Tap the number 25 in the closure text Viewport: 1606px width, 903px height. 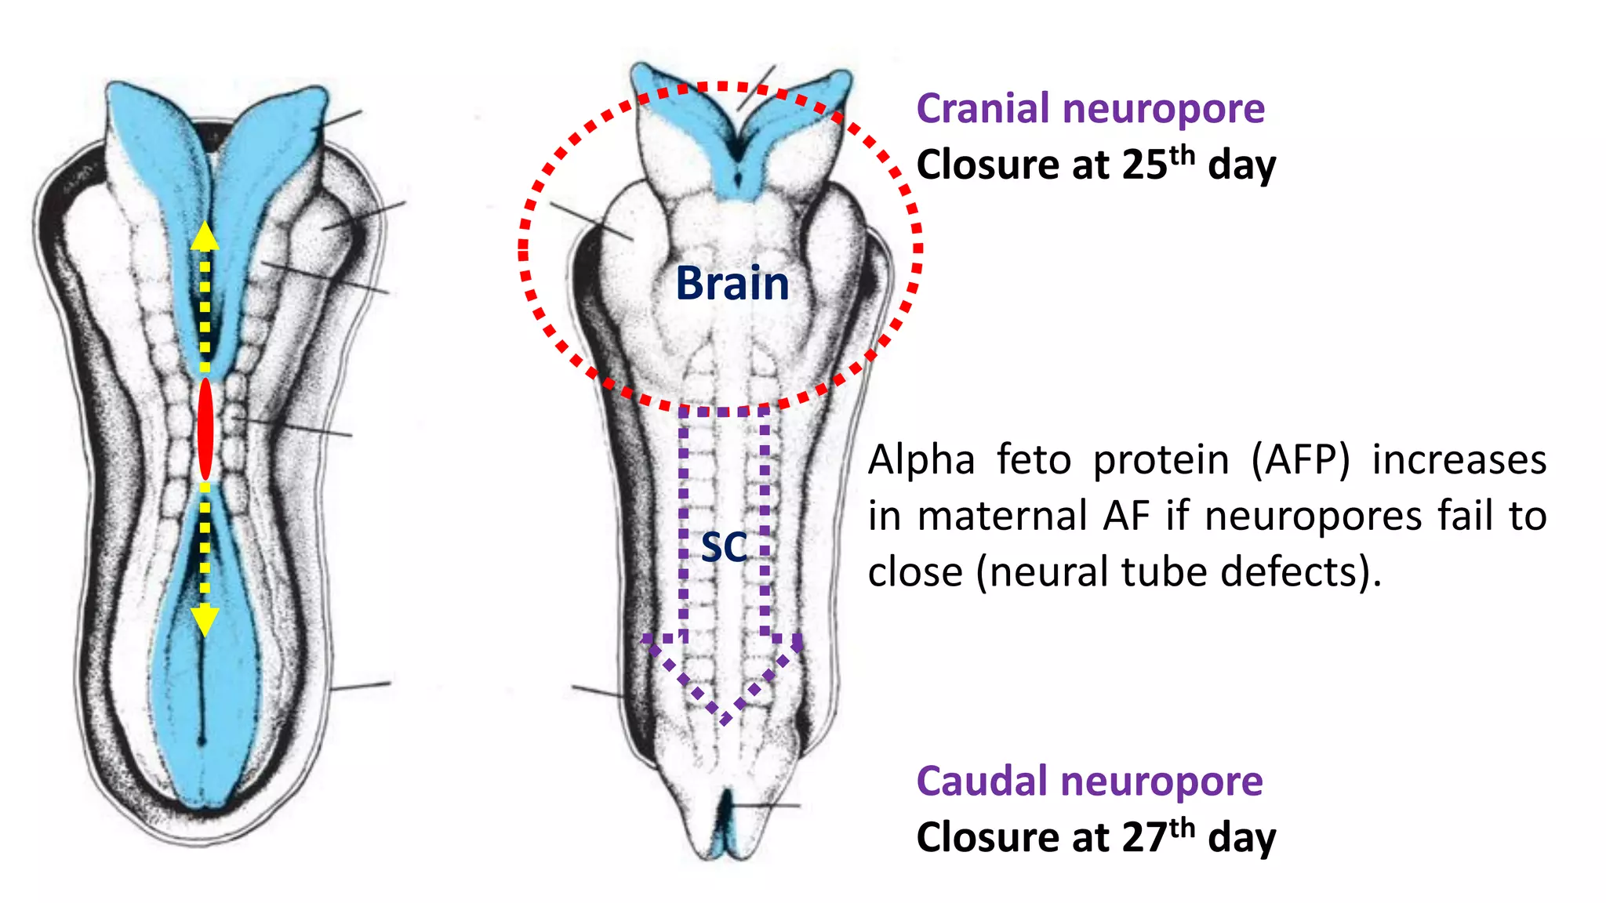tap(1145, 165)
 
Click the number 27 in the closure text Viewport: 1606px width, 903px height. tap(1145, 838)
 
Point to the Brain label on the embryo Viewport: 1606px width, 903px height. tap(732, 283)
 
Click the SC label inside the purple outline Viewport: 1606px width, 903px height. tap(723, 546)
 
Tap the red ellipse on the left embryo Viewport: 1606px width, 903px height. tap(205, 429)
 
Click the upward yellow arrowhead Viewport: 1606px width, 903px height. tap(205, 235)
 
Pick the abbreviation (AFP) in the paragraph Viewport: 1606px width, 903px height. tap(1300, 460)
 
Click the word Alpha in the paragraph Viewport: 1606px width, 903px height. tap(921, 460)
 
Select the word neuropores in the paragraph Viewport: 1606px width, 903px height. tap(1314, 517)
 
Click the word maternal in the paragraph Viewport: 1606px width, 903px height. tap(1002, 517)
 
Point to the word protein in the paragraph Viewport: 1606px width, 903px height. tap(1161, 460)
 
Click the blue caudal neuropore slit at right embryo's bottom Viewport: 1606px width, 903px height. tap(728, 823)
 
